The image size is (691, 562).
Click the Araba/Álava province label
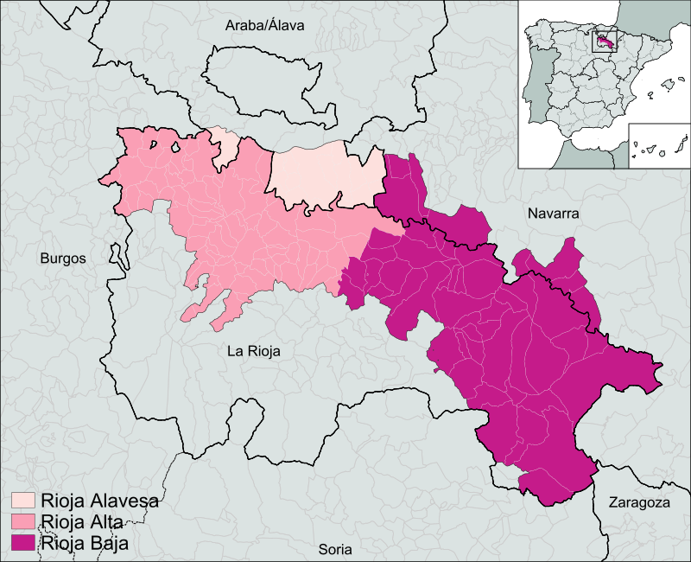point(264,26)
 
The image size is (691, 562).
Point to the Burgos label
point(63,258)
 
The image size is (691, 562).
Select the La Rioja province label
point(254,351)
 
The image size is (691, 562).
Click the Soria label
point(336,548)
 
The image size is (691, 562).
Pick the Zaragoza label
point(639,502)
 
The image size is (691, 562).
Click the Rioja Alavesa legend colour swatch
point(22,501)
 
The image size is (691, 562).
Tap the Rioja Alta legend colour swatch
point(22,521)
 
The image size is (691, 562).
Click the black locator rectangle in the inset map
point(603,40)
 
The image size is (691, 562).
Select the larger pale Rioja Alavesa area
point(327,176)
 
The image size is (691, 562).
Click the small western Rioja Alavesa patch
point(226,145)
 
